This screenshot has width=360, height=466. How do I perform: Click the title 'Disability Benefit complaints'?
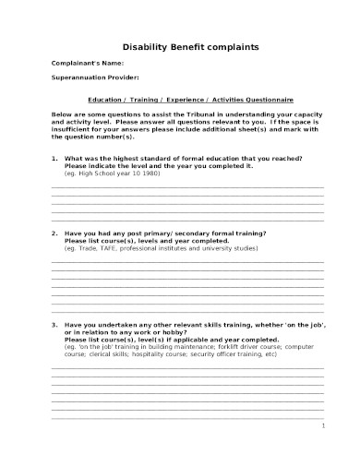pyautogui.click(x=185, y=46)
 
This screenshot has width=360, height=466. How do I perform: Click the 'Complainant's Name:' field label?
pyautogui.click(x=85, y=63)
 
